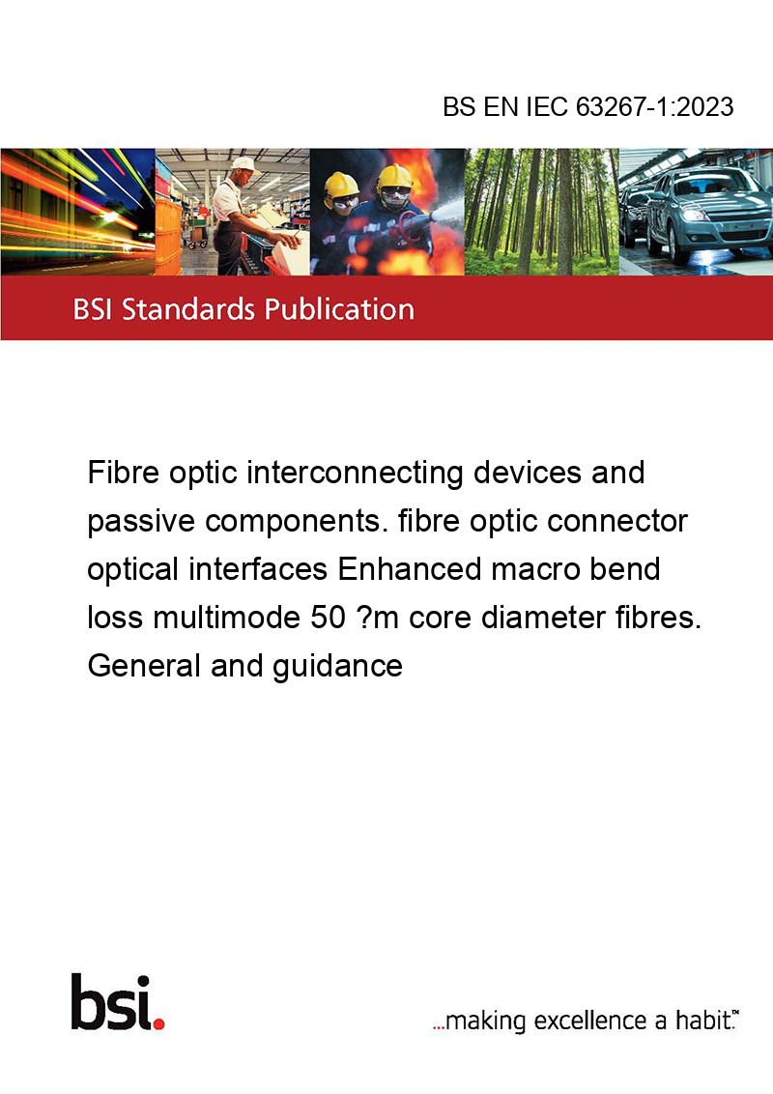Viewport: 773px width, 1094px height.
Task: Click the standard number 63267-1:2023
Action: pyautogui.click(x=654, y=107)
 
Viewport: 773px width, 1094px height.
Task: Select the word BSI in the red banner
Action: pyautogui.click(x=94, y=309)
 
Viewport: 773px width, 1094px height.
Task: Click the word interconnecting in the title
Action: pyautogui.click(x=356, y=474)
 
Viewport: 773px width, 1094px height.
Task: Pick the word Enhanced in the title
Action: pyautogui.click(x=410, y=568)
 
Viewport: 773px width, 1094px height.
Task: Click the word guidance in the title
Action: pyautogui.click(x=337, y=667)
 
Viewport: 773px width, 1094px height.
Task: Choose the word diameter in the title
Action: pyautogui.click(x=543, y=617)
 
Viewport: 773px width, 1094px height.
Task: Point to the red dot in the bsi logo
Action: pyautogui.click(x=158, y=1022)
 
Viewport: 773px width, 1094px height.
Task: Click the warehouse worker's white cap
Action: pyautogui.click(x=244, y=164)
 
